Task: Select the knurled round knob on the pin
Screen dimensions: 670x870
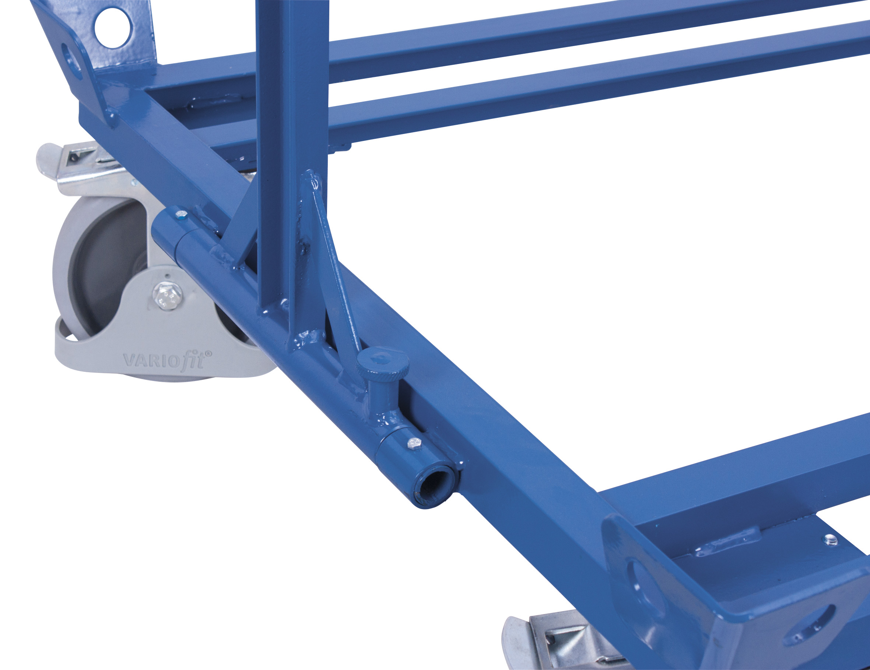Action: [x=382, y=362]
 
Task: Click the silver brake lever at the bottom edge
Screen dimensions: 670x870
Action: [x=518, y=641]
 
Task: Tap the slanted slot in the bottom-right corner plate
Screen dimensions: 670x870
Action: [x=808, y=625]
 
